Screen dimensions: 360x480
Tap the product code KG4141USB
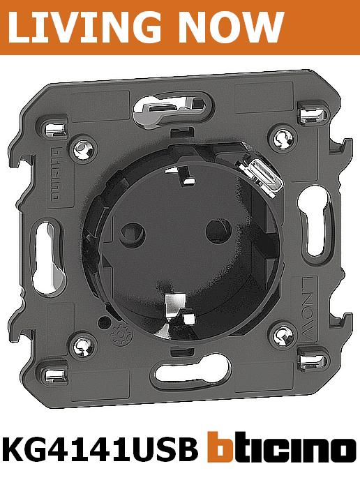[100, 449]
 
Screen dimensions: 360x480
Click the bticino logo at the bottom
[282, 447]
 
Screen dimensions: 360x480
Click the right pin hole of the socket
[218, 230]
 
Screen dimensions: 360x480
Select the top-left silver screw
[82, 149]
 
